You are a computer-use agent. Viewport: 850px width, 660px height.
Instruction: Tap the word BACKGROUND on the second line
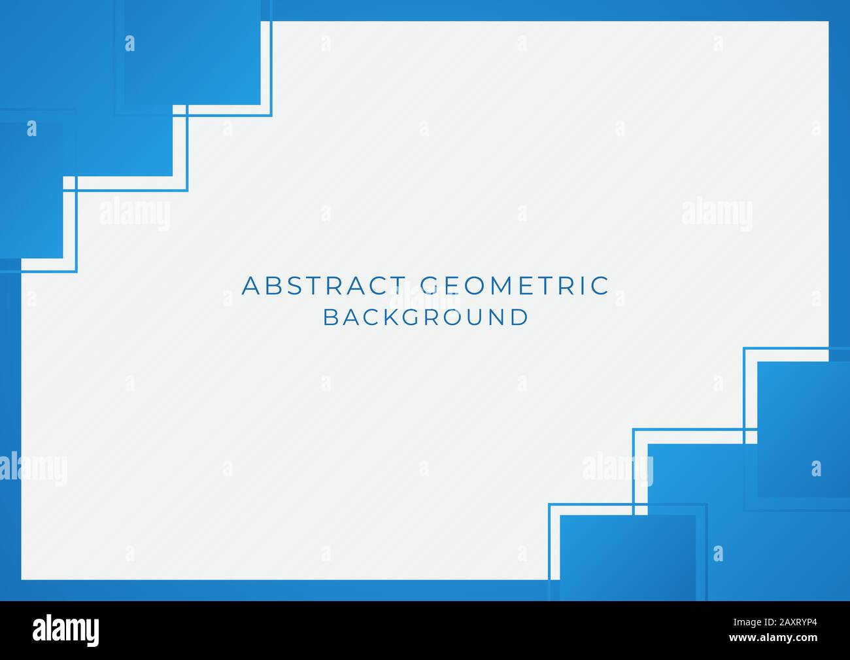pos(426,317)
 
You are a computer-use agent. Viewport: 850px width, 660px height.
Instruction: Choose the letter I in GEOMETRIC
pos(577,285)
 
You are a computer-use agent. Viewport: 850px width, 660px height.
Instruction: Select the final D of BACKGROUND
pos(520,317)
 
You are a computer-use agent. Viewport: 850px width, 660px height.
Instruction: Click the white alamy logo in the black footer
pos(66,631)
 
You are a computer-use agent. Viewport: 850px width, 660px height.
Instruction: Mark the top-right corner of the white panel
pos(828,22)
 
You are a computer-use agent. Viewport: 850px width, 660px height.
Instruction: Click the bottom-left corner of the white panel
pos(22,579)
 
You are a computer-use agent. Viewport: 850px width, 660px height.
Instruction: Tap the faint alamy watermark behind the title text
pos(426,298)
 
